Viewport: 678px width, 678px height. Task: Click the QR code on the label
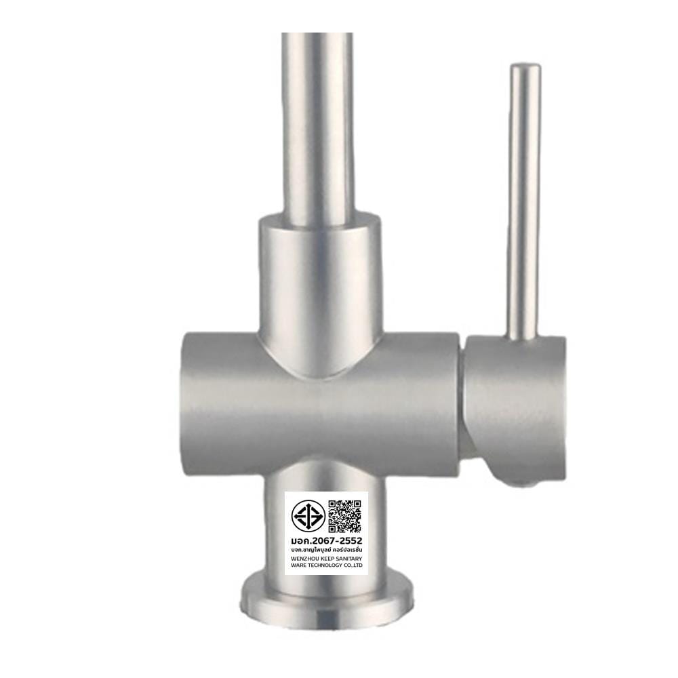[344, 516]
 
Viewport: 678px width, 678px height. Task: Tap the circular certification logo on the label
[308, 516]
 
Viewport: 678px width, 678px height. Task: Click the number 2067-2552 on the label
[336, 540]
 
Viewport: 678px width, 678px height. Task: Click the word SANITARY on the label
[348, 559]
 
